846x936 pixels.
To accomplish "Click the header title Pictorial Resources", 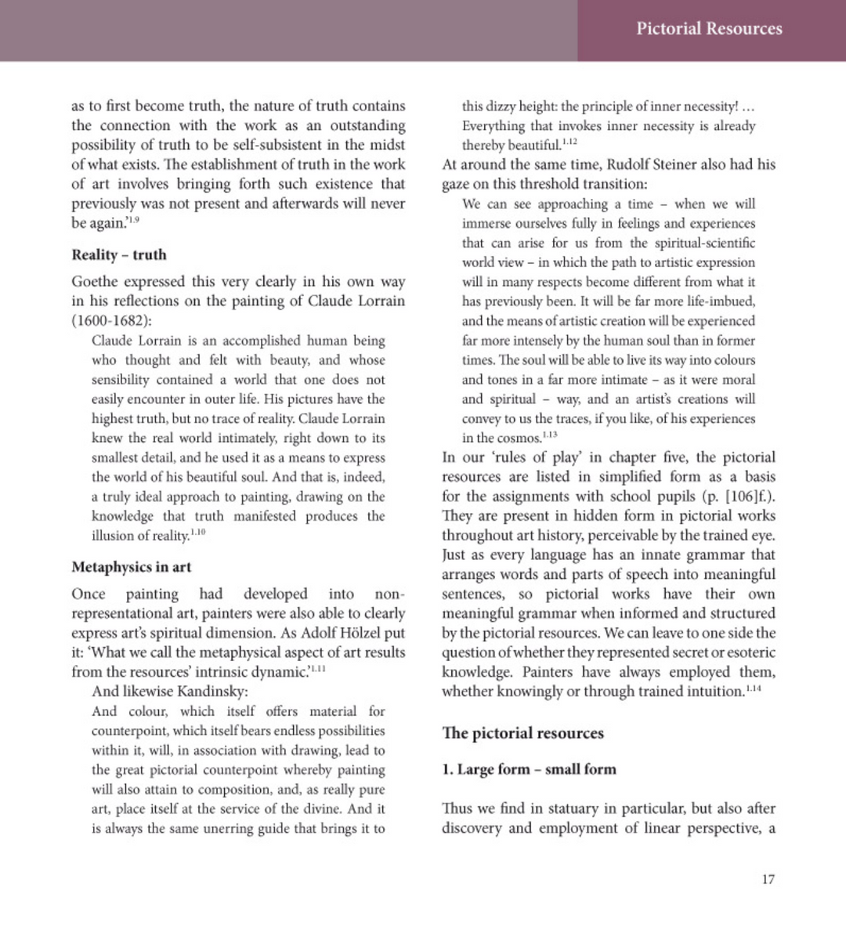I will (709, 29).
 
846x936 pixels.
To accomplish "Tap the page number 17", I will (768, 879).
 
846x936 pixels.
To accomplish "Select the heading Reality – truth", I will (119, 255).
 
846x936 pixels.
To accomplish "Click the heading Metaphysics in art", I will (131, 567).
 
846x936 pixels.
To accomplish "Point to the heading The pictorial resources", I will (522, 733).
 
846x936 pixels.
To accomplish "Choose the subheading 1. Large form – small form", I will (529, 769).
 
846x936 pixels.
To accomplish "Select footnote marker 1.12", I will (569, 142).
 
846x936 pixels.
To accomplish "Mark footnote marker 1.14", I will (753, 688).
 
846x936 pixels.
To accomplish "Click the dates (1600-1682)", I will (112, 321).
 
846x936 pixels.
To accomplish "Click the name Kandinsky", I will (211, 692).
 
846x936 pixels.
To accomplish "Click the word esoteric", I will (748, 652).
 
